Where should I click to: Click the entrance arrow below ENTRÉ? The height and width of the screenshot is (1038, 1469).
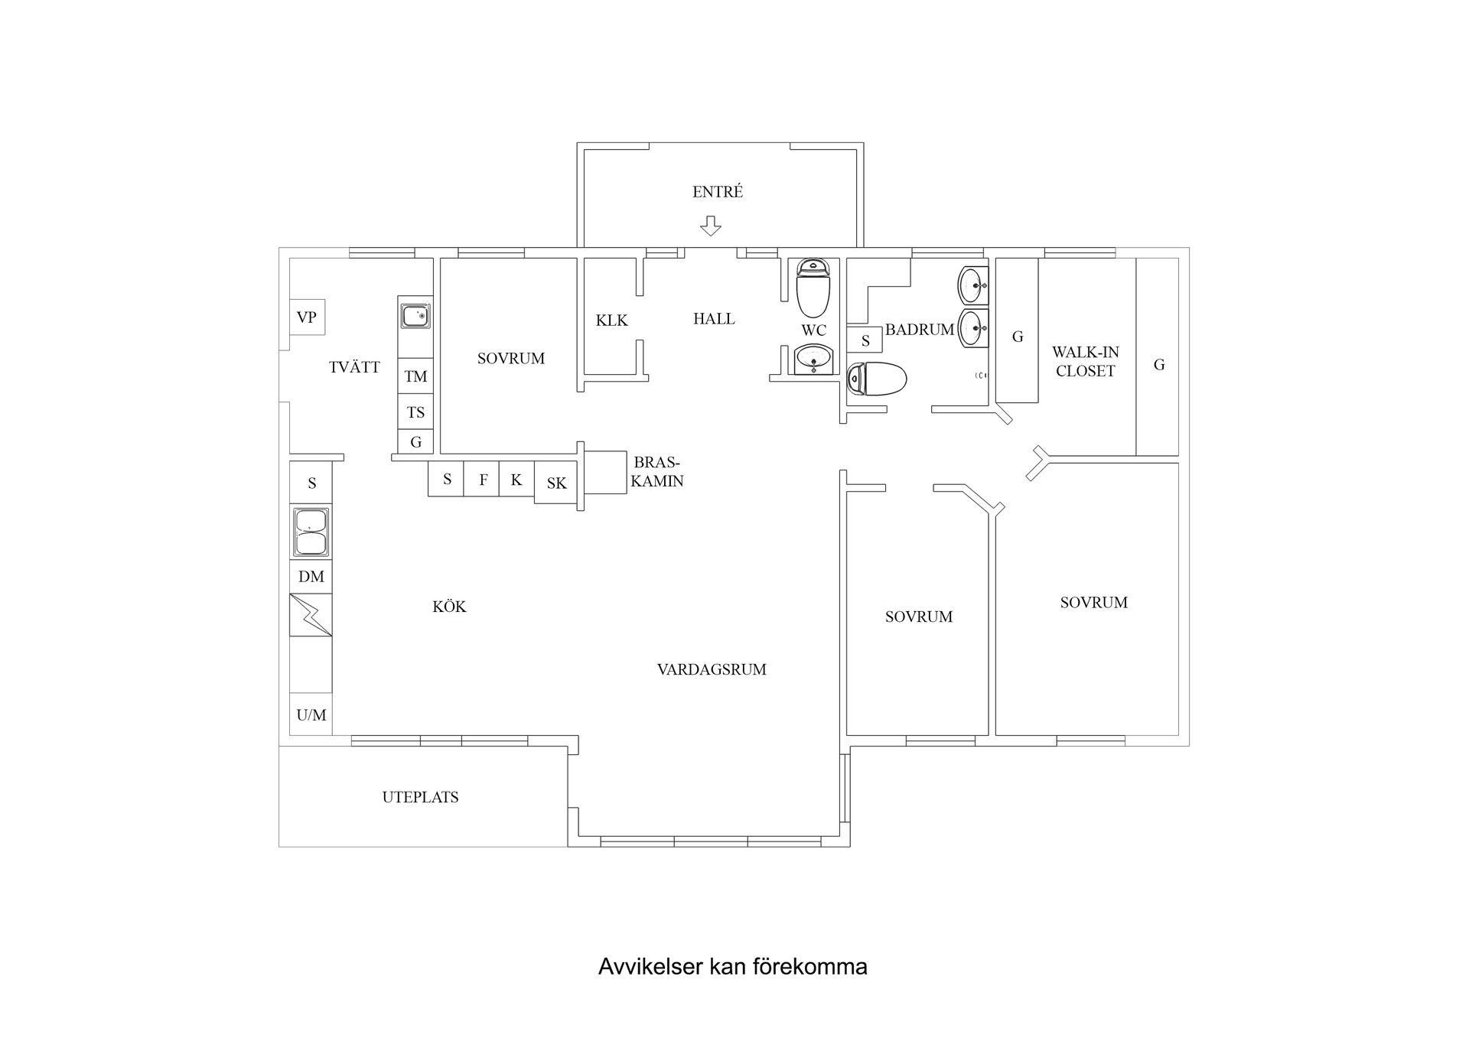pos(711,226)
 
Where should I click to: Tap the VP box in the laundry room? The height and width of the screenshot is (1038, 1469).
pos(307,317)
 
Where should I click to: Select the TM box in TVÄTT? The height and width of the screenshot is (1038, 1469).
pos(415,376)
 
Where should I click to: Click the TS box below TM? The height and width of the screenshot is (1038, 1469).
pos(415,412)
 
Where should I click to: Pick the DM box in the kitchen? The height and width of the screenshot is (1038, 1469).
pos(311,577)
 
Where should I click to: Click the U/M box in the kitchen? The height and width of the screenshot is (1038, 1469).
pos(311,714)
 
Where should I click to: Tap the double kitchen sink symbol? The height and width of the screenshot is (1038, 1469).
pos(311,532)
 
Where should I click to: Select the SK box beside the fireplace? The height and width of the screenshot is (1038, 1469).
pos(556,483)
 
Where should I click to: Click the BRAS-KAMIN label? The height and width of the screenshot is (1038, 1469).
pos(656,472)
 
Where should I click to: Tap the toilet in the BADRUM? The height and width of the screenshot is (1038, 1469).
pos(877,379)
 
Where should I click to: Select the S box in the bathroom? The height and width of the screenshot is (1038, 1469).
pos(865,340)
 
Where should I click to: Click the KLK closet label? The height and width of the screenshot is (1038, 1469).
pos(611,321)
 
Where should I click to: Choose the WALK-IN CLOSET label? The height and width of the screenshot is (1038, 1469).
pos(1085,361)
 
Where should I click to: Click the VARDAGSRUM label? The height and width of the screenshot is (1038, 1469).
pos(712,669)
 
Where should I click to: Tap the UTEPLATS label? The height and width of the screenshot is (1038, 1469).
pos(420,797)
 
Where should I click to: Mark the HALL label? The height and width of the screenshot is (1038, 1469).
pos(714,319)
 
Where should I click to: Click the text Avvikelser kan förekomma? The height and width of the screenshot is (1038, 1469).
pos(732,967)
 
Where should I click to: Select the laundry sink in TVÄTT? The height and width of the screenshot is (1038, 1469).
pos(415,314)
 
